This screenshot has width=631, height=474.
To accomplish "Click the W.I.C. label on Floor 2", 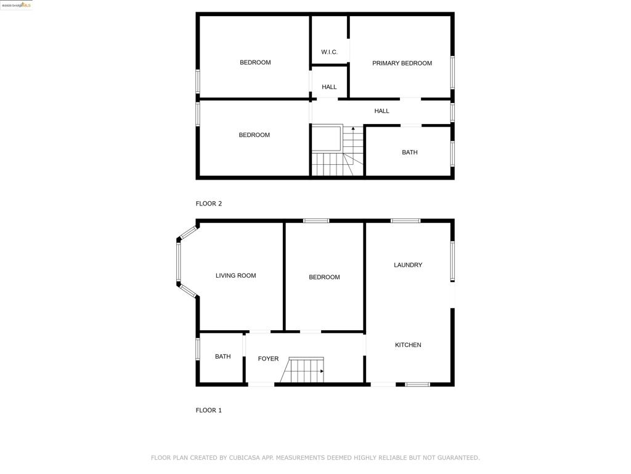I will point(329,52).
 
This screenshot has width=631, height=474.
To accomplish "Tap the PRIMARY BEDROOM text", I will point(402,63).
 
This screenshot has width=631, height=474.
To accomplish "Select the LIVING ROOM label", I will point(235,276).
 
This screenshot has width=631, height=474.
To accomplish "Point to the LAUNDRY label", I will point(408,265).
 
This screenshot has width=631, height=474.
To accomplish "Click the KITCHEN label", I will point(408,345).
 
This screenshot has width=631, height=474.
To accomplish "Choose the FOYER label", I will point(268,359).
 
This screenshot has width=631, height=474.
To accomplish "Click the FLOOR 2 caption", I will point(209,204).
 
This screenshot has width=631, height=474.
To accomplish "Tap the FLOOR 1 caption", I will point(209,410).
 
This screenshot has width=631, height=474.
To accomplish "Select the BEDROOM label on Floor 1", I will point(324,277).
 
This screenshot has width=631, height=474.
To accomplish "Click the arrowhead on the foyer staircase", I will point(322,372).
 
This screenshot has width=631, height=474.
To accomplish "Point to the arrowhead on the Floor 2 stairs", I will point(353,128).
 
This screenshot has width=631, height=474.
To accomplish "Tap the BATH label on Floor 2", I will point(410,152).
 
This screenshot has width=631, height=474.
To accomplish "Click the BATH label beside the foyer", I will point(222,357).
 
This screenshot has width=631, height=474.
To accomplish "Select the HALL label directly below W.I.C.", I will point(329,87).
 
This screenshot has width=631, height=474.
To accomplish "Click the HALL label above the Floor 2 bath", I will point(382,111).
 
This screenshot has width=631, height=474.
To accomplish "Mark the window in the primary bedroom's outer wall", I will point(452,73).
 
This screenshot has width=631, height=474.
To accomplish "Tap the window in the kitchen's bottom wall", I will point(417,385).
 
